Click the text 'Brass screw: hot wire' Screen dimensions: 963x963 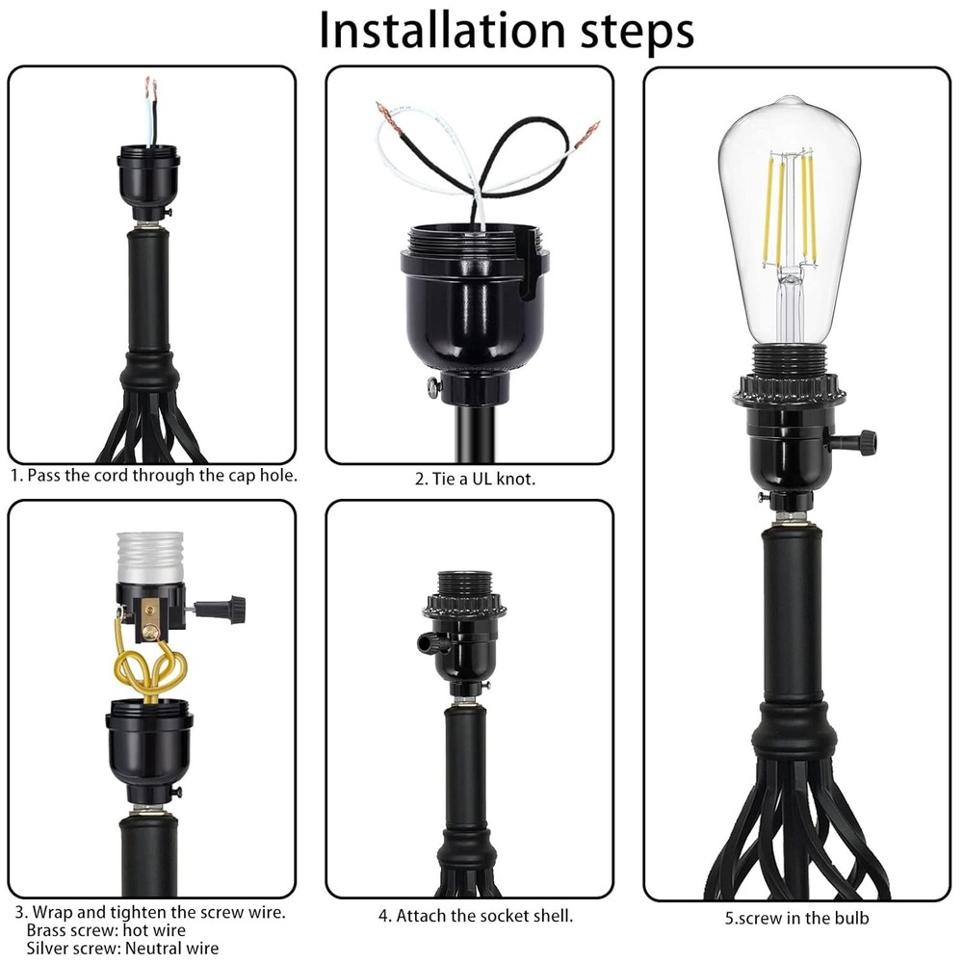pos(106,930)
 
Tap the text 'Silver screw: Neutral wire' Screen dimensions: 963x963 pos(122,948)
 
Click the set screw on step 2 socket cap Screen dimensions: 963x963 pos(433,388)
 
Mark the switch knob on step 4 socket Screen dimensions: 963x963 pos(428,643)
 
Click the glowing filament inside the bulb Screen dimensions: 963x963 pos(790,207)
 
